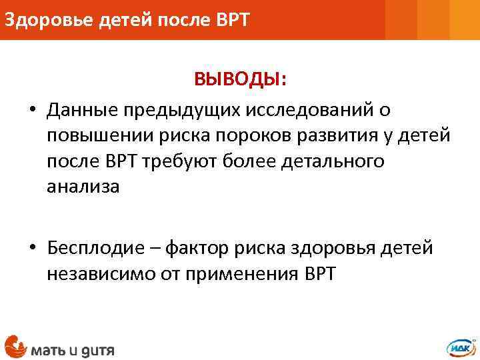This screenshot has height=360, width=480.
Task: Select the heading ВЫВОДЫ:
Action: [241, 80]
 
